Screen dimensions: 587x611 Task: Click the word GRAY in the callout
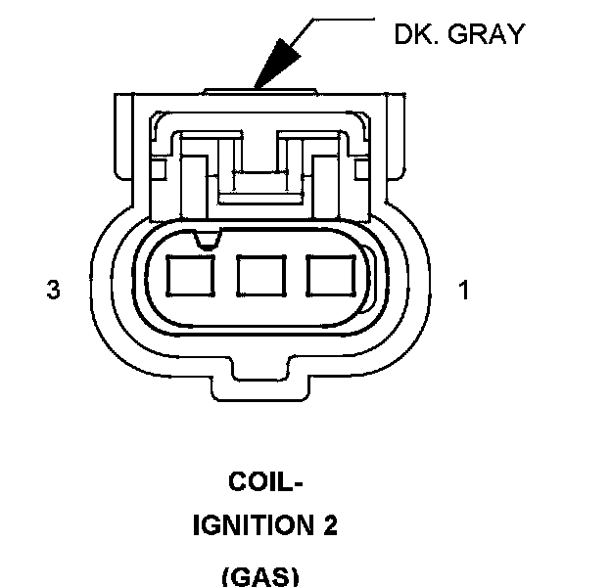(487, 34)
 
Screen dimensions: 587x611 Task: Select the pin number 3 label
(53, 291)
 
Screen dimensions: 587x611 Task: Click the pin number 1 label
(464, 291)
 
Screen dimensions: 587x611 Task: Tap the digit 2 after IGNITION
(329, 526)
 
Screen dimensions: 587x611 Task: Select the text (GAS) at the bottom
(260, 574)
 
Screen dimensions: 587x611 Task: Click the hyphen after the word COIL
(298, 484)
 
